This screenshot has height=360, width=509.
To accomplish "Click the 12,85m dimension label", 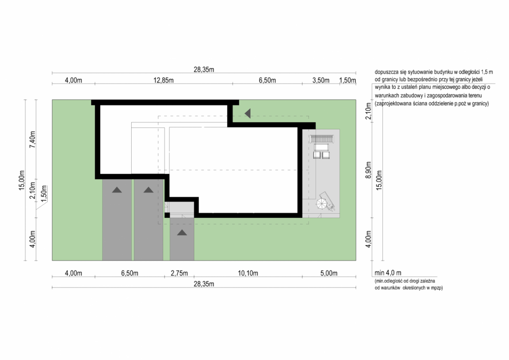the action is pos(163,80).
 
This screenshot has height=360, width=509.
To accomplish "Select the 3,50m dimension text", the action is pos(321,80).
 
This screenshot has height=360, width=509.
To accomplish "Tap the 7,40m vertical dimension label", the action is pos(32,140).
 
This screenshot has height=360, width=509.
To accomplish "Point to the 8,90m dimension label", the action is pos(368,170).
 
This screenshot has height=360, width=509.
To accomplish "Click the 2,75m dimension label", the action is pos(179,273).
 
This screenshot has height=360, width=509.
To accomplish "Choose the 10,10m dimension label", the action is pos(248,273).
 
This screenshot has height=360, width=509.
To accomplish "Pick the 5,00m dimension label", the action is pos(329,273).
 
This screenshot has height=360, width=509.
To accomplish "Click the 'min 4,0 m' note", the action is pos(388,273).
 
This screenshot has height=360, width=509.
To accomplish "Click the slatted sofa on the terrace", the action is pos(322,139).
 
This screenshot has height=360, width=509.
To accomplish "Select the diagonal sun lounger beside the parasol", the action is pos(327,201).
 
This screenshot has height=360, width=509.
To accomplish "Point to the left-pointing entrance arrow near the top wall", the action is pos(248,113).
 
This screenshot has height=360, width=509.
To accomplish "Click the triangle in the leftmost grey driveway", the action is pos(117,190).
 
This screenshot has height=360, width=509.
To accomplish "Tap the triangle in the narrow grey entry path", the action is pos(182,232).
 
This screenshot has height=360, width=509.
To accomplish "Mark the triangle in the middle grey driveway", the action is pos(148,190).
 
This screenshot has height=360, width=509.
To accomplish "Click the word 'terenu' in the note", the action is pos(475,96).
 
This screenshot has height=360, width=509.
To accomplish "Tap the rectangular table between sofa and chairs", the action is pos(322,147).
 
